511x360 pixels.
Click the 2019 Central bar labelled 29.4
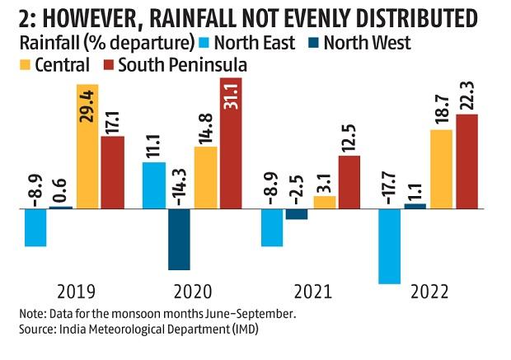87,146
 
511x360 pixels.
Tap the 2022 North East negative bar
389,245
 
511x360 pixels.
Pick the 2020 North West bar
180,239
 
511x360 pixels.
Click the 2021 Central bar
325,202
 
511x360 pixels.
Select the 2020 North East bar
153,185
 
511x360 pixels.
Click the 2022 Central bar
442,169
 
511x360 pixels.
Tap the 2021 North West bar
297,214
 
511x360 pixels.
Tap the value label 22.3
466,91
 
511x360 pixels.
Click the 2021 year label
311,292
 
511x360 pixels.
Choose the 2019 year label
75,292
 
